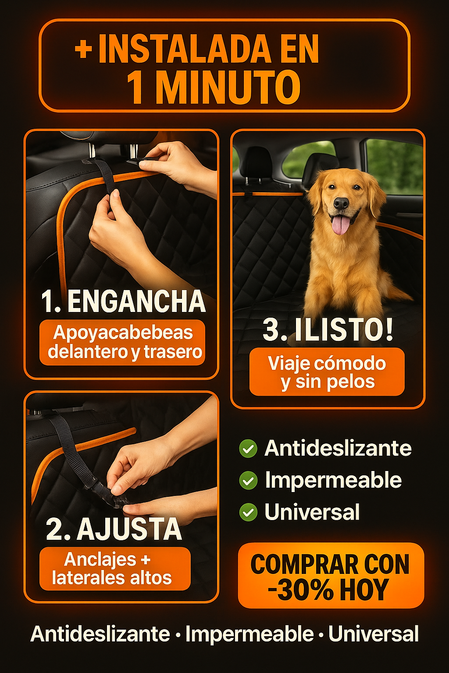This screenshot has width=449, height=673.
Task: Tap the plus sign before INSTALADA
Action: point(83,50)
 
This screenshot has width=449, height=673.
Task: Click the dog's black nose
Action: point(341,203)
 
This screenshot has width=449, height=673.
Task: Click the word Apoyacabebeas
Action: point(123,333)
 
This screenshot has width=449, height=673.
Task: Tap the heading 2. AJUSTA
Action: point(114,530)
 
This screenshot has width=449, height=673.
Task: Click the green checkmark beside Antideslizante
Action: point(248,449)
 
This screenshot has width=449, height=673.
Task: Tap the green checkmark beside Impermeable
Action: point(248,480)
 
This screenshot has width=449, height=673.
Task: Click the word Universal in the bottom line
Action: point(373,634)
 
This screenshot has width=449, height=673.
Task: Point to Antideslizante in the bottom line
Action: point(100,634)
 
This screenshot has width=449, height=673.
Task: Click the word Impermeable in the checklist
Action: point(333,481)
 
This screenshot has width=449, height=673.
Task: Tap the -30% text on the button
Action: point(301,590)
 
